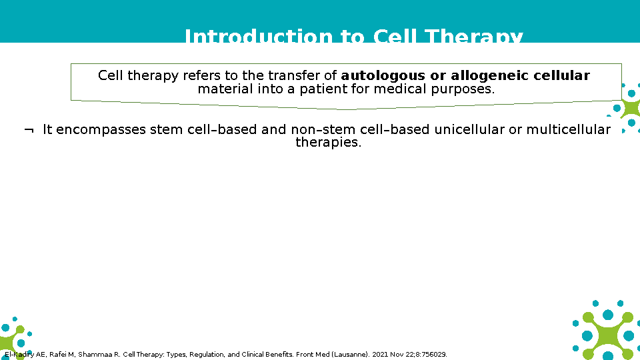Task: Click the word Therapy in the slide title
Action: click(473, 36)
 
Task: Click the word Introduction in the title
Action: click(259, 36)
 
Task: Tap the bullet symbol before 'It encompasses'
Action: click(29, 131)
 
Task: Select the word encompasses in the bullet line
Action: click(101, 130)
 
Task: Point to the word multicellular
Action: click(568, 129)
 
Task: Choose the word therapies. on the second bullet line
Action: click(329, 143)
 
